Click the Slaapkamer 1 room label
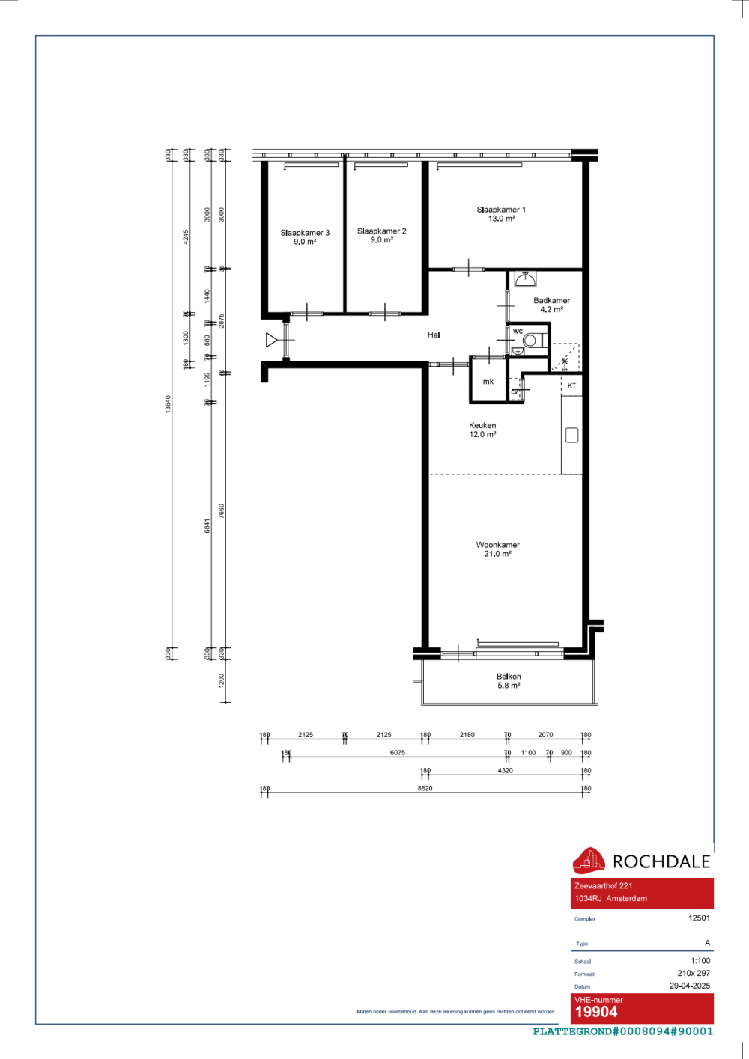pyautogui.click(x=501, y=214)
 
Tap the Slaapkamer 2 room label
pyautogui.click(x=381, y=236)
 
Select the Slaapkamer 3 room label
pyautogui.click(x=305, y=237)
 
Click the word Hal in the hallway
pyautogui.click(x=434, y=335)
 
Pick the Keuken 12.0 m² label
pyautogui.click(x=482, y=430)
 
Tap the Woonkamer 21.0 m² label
pyautogui.click(x=497, y=549)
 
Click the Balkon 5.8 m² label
pyautogui.click(x=509, y=680)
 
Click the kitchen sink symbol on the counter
pyautogui.click(x=571, y=435)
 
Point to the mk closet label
pyautogui.click(x=488, y=382)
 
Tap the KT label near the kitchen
pyautogui.click(x=571, y=386)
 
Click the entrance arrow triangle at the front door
pyautogui.click(x=271, y=341)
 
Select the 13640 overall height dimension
pyautogui.click(x=169, y=404)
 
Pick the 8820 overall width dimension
pyautogui.click(x=425, y=788)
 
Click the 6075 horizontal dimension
pyautogui.click(x=398, y=753)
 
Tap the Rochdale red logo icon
pyautogui.click(x=589, y=861)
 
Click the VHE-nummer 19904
pyautogui.click(x=596, y=1012)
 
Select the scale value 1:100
pyautogui.click(x=700, y=961)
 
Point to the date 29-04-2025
pyautogui.click(x=690, y=986)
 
